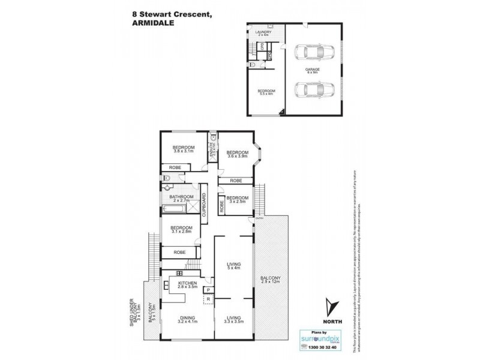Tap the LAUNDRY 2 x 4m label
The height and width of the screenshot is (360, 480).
click(263, 34)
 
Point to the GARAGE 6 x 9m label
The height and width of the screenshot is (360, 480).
click(311, 71)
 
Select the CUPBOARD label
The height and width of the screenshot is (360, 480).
click(204, 205)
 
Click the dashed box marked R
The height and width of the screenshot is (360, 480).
click(208, 297)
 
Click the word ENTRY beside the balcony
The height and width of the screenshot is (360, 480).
click(259, 218)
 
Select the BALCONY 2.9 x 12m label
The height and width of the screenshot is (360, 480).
click(271, 280)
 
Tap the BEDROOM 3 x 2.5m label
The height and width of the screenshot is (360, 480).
click(237, 200)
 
